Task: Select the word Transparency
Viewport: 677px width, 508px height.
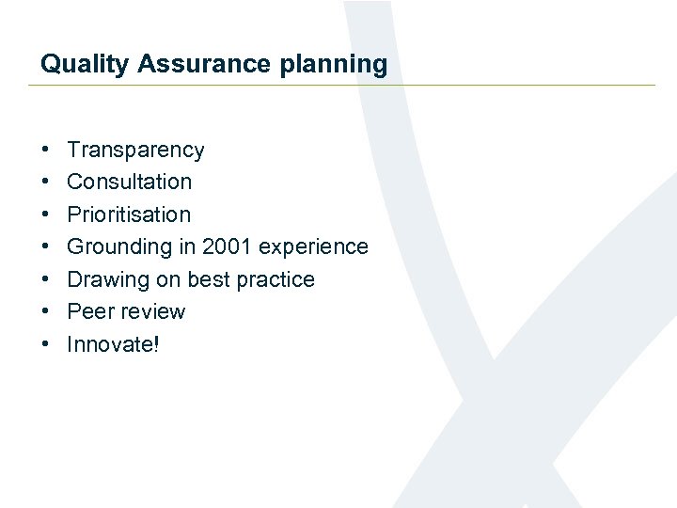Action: pyautogui.click(x=135, y=150)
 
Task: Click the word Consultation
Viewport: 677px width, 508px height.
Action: pyautogui.click(x=129, y=182)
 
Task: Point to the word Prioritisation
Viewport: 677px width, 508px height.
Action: pyautogui.click(x=129, y=214)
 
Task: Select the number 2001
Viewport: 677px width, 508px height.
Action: pyautogui.click(x=228, y=246)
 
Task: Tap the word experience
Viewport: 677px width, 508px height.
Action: pyautogui.click(x=313, y=246)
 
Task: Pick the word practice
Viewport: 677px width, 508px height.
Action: pyautogui.click(x=276, y=279)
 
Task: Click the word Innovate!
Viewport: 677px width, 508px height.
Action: pyautogui.click(x=113, y=344)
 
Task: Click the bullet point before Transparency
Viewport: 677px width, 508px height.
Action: pyautogui.click(x=45, y=151)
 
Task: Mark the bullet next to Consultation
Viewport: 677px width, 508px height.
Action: pyautogui.click(x=45, y=183)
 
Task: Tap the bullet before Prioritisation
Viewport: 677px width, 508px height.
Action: pyautogui.click(x=45, y=215)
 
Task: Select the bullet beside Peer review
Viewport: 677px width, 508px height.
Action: pyautogui.click(x=45, y=312)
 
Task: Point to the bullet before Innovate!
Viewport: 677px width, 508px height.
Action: pyautogui.click(x=45, y=345)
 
